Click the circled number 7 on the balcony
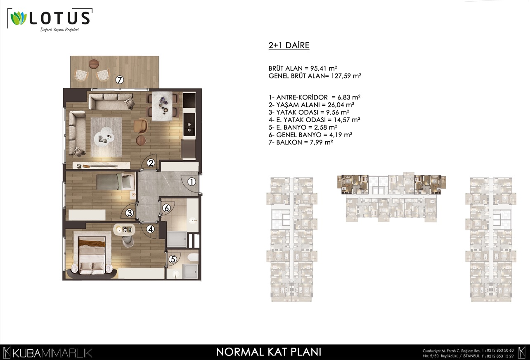tap(119, 80)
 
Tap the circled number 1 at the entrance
tap(192, 182)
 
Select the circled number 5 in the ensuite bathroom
tap(173, 259)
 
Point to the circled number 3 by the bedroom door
tap(129, 213)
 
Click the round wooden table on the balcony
tap(94, 64)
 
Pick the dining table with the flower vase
tap(162, 106)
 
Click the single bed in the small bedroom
tap(116, 181)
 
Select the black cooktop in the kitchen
tap(189, 100)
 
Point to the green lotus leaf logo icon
tap(19, 19)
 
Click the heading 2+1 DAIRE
tap(289, 45)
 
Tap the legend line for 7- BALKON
tap(301, 142)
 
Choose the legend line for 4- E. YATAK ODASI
tap(314, 120)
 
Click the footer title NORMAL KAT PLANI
tap(269, 352)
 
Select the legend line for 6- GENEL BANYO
tap(310, 135)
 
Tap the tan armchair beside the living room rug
tap(140, 126)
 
